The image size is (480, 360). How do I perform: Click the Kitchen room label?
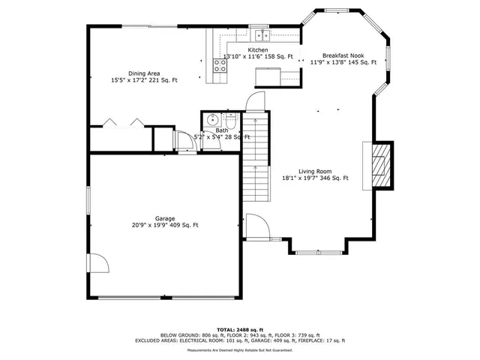[x=237, y=50]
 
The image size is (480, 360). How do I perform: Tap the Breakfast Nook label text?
[x=343, y=55]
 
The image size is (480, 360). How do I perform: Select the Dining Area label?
[x=142, y=73]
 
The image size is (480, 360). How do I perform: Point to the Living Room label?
[x=315, y=171]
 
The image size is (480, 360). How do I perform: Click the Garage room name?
[x=165, y=218]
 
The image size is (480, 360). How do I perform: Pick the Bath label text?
[x=222, y=130]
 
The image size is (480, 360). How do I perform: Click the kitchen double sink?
[x=261, y=35]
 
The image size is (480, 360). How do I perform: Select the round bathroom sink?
[x=212, y=118]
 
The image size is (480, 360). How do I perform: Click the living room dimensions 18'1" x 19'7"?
[x=301, y=178]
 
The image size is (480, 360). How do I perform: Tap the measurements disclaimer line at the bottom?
[x=240, y=350]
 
